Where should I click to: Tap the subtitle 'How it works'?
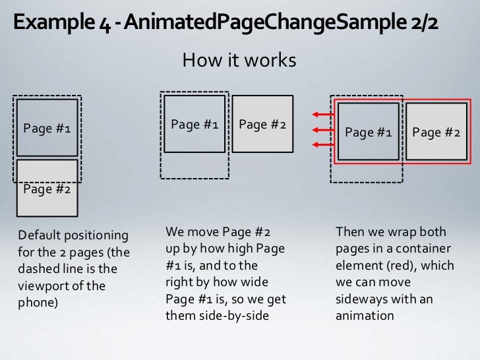tap(239, 61)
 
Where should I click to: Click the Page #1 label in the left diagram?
tap(47, 129)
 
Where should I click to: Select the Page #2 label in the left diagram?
tap(47, 190)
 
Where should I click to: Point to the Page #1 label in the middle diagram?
tap(195, 124)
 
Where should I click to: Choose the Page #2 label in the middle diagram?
tap(262, 124)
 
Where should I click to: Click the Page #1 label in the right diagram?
tap(368, 133)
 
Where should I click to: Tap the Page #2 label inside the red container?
tap(436, 133)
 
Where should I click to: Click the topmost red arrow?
tap(321, 114)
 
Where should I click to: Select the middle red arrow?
tap(321, 129)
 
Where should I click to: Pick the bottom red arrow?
tap(321, 144)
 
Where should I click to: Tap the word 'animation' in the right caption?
tap(365, 316)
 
